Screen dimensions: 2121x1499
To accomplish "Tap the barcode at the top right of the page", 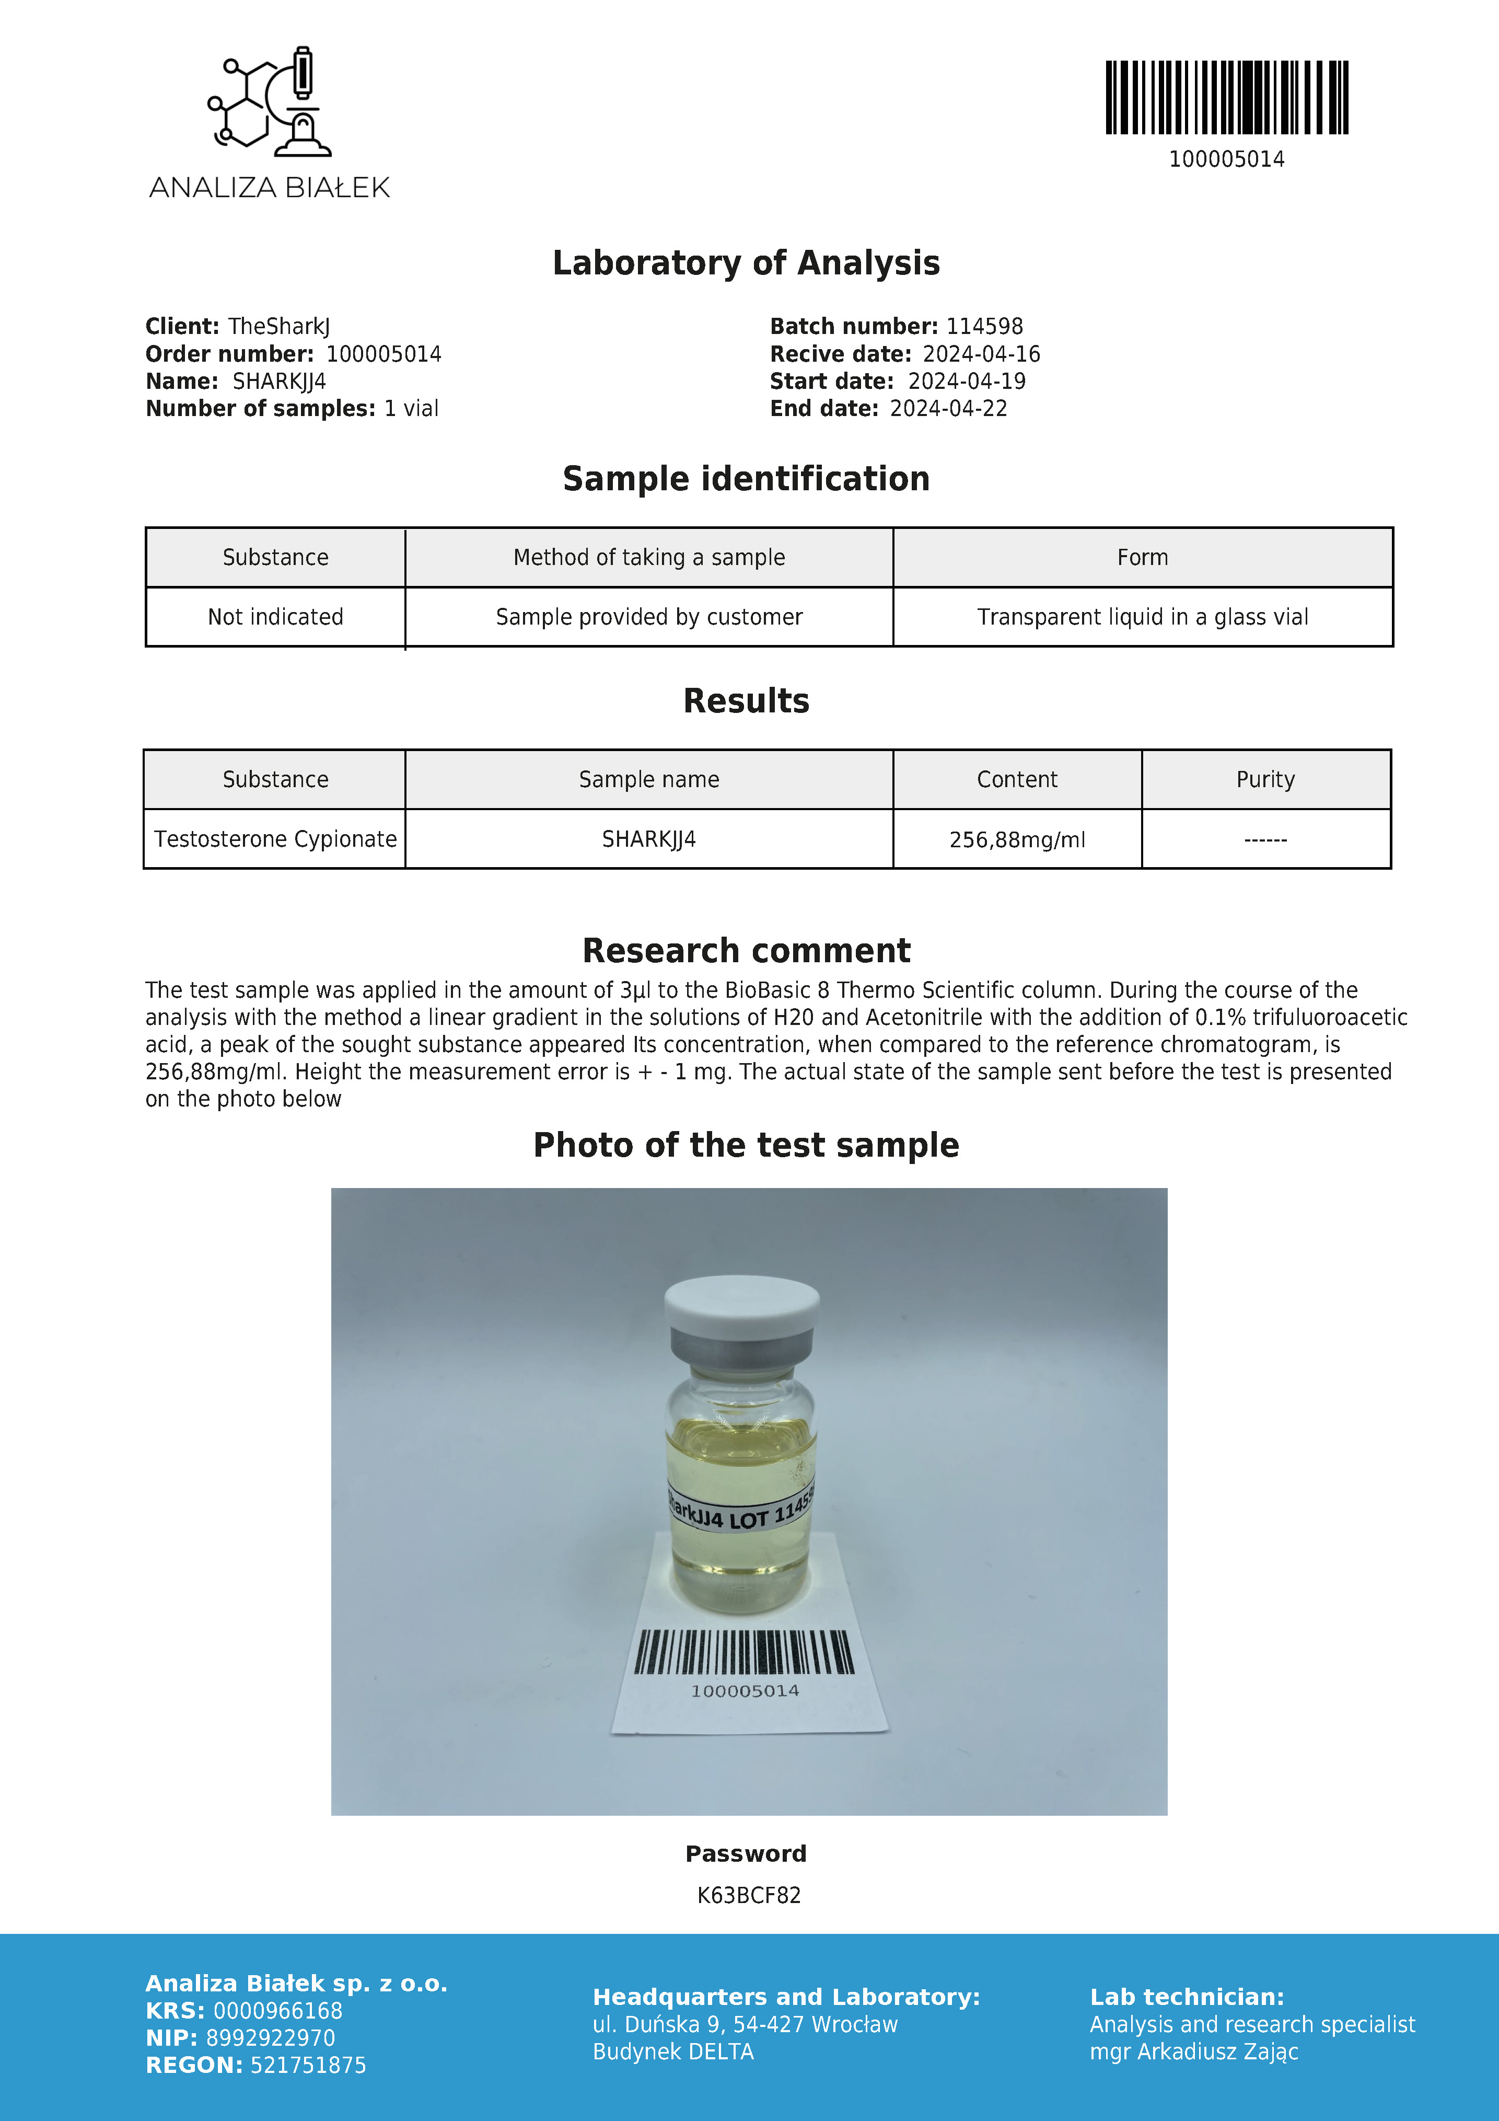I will (1227, 98).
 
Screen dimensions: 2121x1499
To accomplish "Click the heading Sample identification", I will (746, 479).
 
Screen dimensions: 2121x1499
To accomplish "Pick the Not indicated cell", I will (275, 617).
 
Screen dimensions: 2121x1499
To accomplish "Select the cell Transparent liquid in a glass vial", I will (1143, 617).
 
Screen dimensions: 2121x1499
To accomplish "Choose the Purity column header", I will (1265, 780).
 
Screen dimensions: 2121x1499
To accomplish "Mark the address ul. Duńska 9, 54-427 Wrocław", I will (745, 2025).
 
